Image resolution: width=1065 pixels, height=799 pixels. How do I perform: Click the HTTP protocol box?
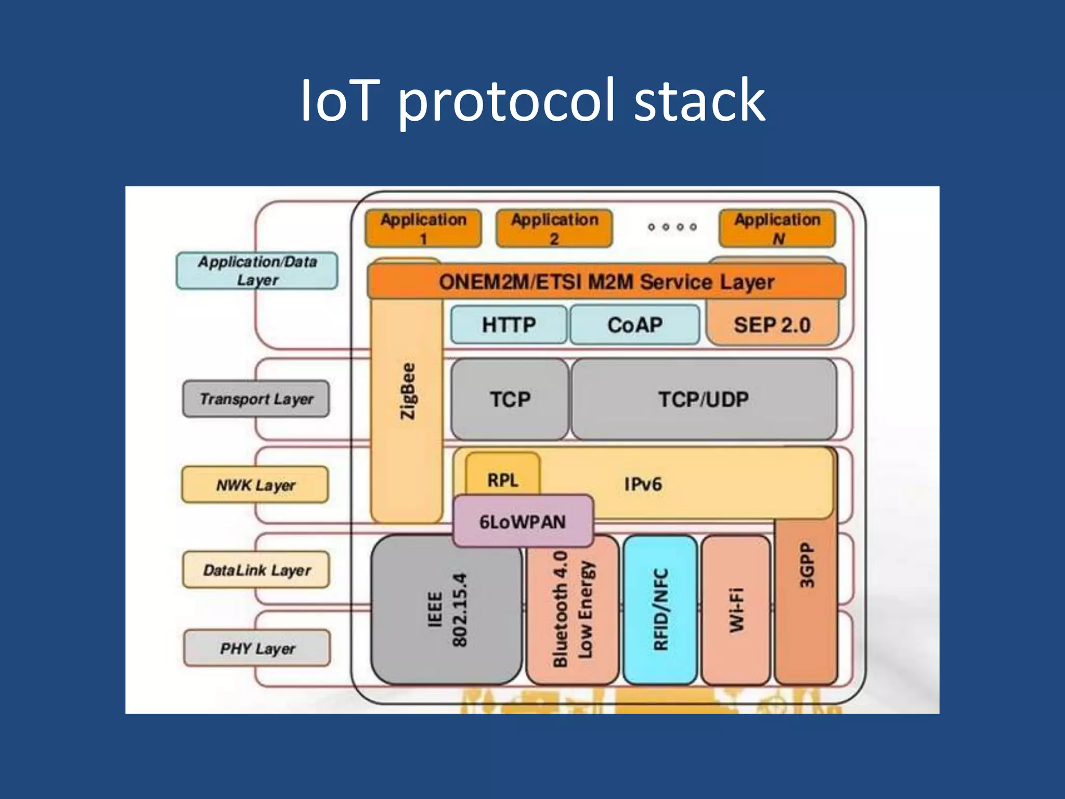click(x=509, y=325)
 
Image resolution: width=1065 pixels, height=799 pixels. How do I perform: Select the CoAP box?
click(x=634, y=325)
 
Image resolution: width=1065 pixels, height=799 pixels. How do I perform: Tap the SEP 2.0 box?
click(x=772, y=325)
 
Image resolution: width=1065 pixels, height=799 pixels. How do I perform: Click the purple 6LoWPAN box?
click(x=523, y=521)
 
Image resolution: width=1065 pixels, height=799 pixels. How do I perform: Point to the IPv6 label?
click(x=643, y=484)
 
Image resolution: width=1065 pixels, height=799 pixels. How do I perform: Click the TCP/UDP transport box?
click(x=704, y=399)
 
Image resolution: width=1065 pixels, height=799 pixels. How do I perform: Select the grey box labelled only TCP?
click(x=510, y=399)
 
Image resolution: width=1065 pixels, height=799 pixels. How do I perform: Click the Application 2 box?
click(x=554, y=229)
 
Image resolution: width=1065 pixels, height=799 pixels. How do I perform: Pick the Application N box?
click(x=777, y=229)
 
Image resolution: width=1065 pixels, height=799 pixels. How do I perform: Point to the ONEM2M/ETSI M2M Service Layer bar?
click(x=606, y=281)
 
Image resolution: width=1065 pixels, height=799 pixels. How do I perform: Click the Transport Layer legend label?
click(x=256, y=399)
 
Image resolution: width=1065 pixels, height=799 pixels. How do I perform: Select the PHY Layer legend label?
click(x=257, y=648)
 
